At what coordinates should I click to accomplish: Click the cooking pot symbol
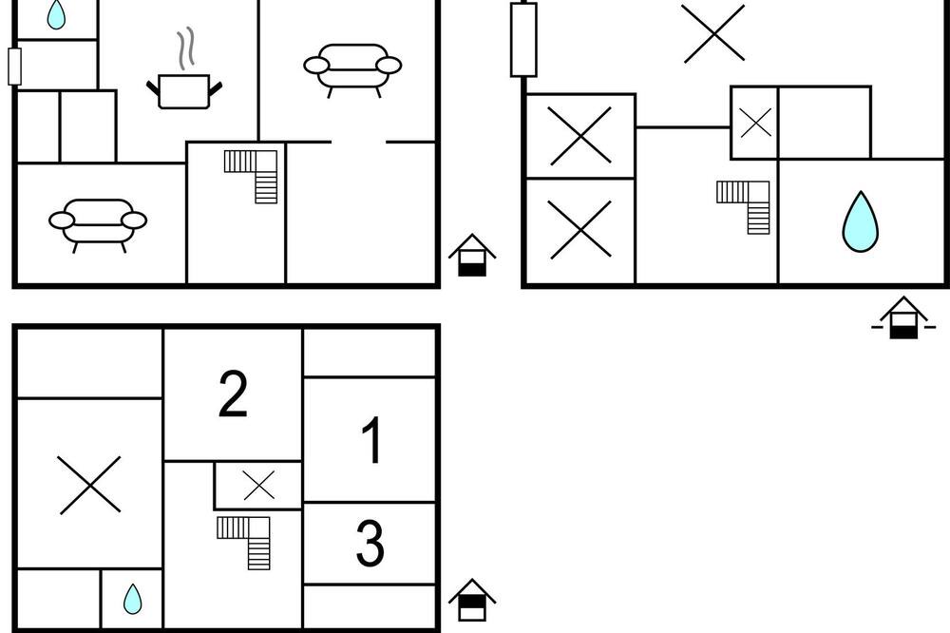pyautogui.click(x=184, y=91)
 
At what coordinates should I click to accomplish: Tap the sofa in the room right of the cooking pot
pyautogui.click(x=352, y=67)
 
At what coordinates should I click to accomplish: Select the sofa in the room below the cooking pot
pyautogui.click(x=98, y=222)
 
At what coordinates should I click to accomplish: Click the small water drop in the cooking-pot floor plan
pyautogui.click(x=57, y=14)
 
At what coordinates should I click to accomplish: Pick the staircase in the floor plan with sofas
pyautogui.click(x=254, y=174)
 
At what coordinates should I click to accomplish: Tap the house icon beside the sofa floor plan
pyautogui.click(x=472, y=256)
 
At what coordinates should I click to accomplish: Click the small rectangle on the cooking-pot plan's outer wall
pyautogui.click(x=14, y=66)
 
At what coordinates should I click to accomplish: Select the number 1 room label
pyautogui.click(x=372, y=441)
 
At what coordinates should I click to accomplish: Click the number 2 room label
pyautogui.click(x=233, y=393)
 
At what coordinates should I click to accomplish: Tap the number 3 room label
pyautogui.click(x=370, y=544)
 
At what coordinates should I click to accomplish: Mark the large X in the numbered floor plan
pyautogui.click(x=90, y=485)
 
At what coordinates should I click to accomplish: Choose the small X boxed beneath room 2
pyautogui.click(x=258, y=486)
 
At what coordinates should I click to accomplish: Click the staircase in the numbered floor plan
pyautogui.click(x=247, y=540)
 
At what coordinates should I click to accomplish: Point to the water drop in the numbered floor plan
pyautogui.click(x=132, y=599)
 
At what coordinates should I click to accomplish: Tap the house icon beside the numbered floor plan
pyautogui.click(x=472, y=600)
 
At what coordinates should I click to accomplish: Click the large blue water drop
pyautogui.click(x=861, y=222)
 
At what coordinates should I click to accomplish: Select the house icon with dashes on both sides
pyautogui.click(x=903, y=318)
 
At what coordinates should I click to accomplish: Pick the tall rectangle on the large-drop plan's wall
pyautogui.click(x=523, y=39)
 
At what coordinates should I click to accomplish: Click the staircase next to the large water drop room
pyautogui.click(x=746, y=204)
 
